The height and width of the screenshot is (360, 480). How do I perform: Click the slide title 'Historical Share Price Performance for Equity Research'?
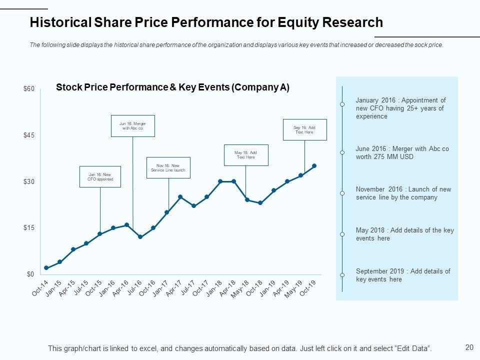[x=206, y=22]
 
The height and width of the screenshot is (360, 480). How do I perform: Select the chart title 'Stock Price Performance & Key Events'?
[x=172, y=87]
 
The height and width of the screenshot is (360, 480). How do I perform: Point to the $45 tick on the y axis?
[x=29, y=135]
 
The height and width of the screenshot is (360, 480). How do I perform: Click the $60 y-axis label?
[x=29, y=89]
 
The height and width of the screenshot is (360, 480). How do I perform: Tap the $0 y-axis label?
[x=30, y=274]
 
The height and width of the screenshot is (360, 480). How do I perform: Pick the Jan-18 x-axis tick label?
[x=214, y=288]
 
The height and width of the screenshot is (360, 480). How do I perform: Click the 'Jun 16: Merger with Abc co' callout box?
[x=132, y=125]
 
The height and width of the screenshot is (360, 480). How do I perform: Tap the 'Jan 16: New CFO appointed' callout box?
[x=100, y=176]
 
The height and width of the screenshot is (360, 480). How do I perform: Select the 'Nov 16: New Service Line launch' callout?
[x=168, y=167]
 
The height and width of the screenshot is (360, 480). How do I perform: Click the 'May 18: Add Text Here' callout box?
[x=245, y=155]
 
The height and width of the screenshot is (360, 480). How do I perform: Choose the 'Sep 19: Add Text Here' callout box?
[x=304, y=129]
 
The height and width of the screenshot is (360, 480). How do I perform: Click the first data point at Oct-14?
[x=46, y=268]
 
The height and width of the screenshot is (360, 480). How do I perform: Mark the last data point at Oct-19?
[x=314, y=165]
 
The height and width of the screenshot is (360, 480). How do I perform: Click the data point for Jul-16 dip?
[x=140, y=237]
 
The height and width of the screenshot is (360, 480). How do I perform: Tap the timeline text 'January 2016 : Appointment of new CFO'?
[x=400, y=108]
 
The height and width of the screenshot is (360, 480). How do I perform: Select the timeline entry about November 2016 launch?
[x=403, y=193]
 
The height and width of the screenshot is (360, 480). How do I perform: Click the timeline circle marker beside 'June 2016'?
[x=342, y=152]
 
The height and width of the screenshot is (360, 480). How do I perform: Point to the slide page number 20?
[x=469, y=347]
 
